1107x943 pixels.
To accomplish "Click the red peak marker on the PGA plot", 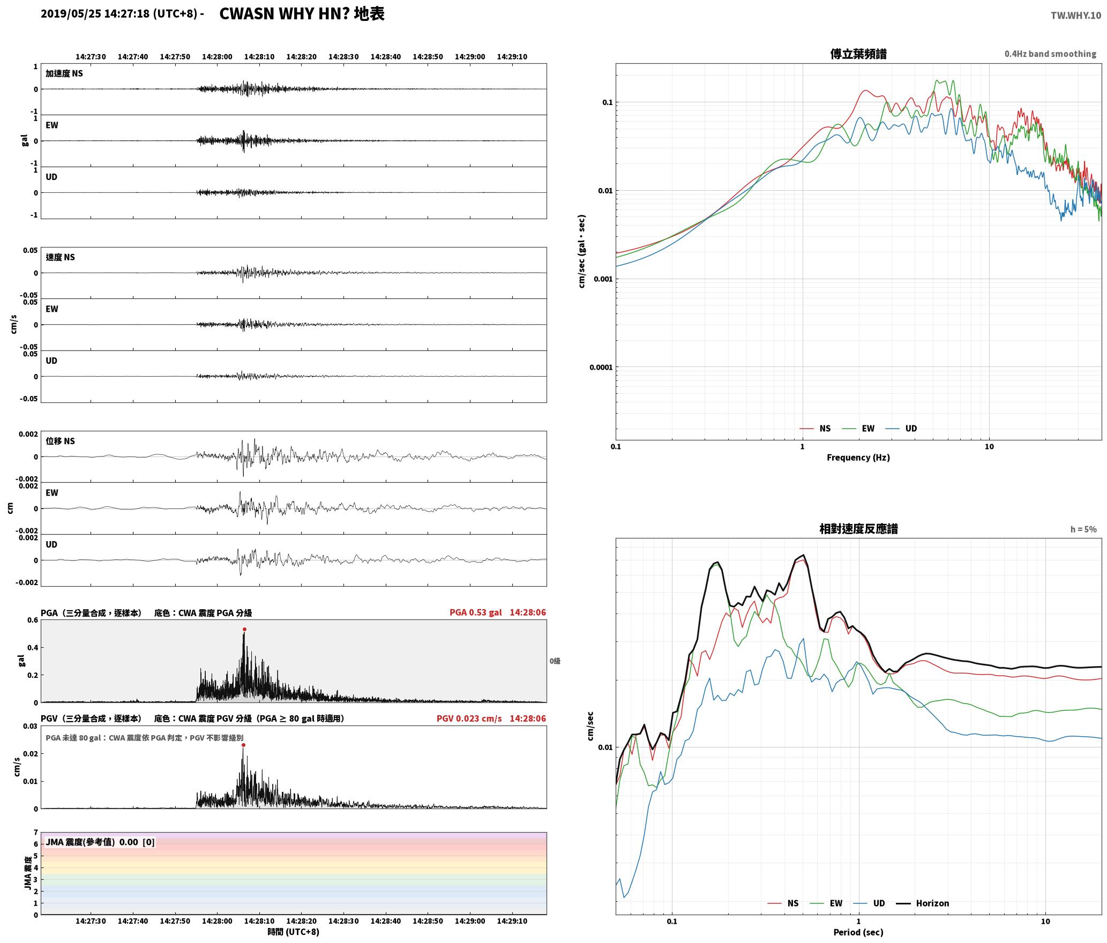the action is coord(244,630).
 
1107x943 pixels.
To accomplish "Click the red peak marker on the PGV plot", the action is coord(243,745).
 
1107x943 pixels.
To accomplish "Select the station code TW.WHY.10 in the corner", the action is coord(1076,16).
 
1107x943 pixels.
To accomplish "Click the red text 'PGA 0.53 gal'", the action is coord(476,612).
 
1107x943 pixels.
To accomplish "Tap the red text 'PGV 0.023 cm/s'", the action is coord(469,719).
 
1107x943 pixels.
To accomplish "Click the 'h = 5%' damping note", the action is coord(1083,529).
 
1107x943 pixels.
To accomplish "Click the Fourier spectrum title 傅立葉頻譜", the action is coord(858,54).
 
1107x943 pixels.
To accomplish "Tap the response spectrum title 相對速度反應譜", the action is coord(858,529).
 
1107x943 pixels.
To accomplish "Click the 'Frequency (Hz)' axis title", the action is coord(858,458).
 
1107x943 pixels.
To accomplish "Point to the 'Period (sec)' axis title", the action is coord(858,932).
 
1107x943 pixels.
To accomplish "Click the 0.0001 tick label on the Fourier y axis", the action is coord(601,368).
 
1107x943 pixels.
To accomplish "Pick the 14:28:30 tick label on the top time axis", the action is coord(343,57).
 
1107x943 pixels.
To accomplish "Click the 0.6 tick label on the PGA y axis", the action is coord(32,620).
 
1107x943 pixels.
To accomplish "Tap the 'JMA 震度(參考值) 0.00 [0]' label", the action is coord(100,842).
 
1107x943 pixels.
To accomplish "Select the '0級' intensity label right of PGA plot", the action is coord(555,661).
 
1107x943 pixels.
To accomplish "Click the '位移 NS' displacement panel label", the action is coord(61,441).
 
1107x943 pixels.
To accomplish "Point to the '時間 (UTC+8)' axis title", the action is coord(294,932).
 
